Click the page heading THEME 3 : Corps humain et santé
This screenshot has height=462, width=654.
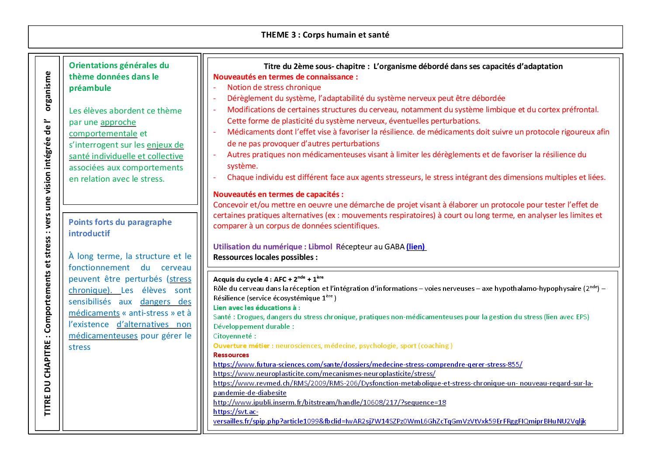325,35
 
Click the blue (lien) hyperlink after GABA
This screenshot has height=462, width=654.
415,247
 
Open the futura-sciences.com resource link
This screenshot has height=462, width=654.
367,364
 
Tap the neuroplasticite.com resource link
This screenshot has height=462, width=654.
324,374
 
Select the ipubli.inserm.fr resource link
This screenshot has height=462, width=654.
329,402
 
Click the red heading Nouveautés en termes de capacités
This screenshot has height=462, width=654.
278,194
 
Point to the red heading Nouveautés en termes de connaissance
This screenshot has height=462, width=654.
285,77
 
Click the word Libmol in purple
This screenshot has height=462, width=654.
320,247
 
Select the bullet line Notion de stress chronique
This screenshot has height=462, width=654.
274,87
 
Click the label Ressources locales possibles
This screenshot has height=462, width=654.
265,257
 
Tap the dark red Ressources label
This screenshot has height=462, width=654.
231,355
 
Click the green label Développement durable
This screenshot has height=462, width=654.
253,327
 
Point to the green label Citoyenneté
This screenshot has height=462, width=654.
235,336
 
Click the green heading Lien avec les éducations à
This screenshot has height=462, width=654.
256,307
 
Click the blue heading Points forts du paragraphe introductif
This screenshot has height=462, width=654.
120,228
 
